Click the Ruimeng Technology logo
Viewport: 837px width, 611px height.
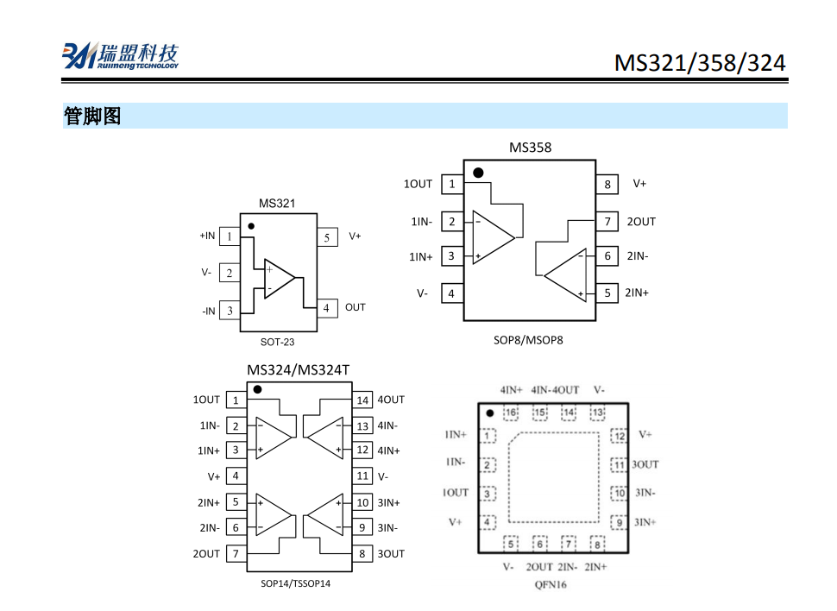pyautogui.click(x=120, y=56)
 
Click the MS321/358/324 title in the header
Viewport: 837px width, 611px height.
pyautogui.click(x=700, y=63)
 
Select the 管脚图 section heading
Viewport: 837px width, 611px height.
pyautogui.click(x=92, y=116)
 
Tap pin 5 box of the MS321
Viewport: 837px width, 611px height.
pyautogui.click(x=327, y=237)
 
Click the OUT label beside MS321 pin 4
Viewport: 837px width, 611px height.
pyautogui.click(x=355, y=307)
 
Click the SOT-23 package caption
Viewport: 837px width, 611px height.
pyautogui.click(x=277, y=342)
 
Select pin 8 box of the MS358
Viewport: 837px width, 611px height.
pyautogui.click(x=607, y=184)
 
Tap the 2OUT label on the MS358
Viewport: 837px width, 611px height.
pyautogui.click(x=641, y=222)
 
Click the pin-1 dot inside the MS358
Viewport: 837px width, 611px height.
pyautogui.click(x=478, y=173)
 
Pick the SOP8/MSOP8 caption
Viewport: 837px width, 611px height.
pyautogui.click(x=528, y=340)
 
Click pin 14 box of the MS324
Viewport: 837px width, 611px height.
pyautogui.click(x=363, y=400)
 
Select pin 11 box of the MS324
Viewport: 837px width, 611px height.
pyautogui.click(x=363, y=476)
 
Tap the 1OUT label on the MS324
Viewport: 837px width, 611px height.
pyautogui.click(x=206, y=400)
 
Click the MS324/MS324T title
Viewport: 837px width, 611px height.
pyautogui.click(x=298, y=370)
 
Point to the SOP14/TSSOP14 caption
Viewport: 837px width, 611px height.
pyautogui.click(x=296, y=583)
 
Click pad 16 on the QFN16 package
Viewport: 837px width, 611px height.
pyautogui.click(x=511, y=413)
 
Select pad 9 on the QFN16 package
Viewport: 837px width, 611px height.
pyautogui.click(x=618, y=522)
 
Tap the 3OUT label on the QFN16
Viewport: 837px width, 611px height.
pyautogui.click(x=645, y=464)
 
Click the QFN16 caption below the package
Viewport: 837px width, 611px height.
pyautogui.click(x=550, y=584)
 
